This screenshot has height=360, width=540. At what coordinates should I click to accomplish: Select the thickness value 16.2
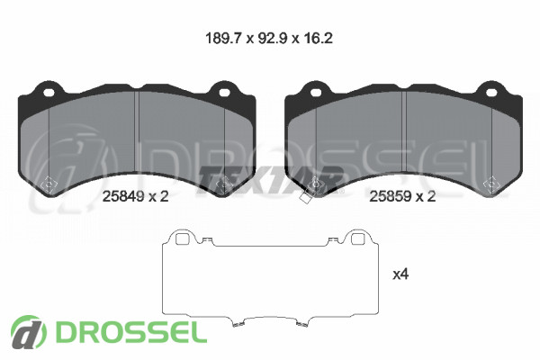(x=319, y=38)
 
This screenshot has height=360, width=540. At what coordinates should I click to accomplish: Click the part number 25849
(x=123, y=196)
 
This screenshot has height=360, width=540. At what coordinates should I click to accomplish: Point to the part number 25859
(x=391, y=196)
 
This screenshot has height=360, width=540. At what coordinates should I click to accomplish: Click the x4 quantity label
(x=400, y=274)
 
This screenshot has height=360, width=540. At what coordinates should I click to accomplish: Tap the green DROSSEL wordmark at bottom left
(x=130, y=332)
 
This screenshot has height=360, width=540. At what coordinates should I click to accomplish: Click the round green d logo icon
(x=28, y=332)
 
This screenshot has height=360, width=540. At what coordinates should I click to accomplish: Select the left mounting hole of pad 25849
(x=49, y=93)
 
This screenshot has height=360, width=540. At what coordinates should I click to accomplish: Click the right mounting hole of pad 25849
(x=224, y=93)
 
